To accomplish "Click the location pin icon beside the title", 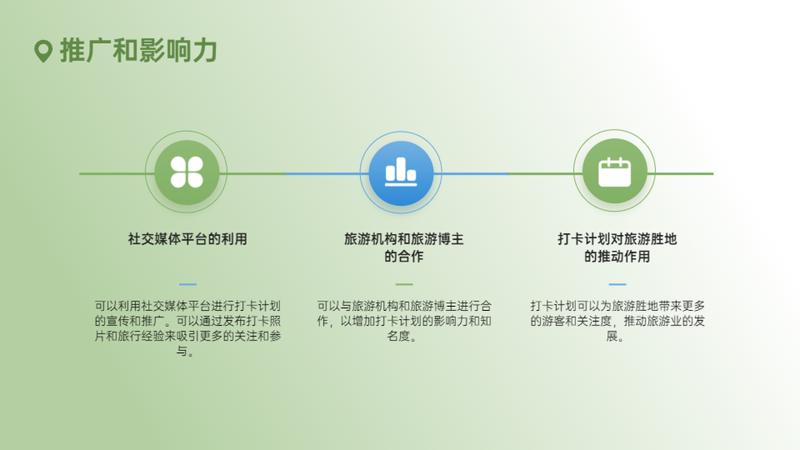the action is (43, 51).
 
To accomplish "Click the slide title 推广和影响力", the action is (138, 50).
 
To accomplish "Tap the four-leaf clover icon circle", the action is (186, 173).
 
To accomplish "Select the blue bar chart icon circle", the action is (401, 173).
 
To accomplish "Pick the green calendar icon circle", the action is (614, 171).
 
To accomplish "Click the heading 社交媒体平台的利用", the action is (187, 239).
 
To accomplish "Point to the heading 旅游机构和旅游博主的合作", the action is (403, 247).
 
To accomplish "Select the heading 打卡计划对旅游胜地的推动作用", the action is (617, 247).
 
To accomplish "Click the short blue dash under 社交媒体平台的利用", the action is (188, 284).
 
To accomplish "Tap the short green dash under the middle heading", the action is (404, 284).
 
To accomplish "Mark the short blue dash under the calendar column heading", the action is (618, 284).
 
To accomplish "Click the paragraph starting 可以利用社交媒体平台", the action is (187, 329).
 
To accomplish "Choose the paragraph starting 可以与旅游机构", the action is (403, 321).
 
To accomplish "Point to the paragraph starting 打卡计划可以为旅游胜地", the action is (618, 321).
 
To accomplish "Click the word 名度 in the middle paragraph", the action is (398, 336).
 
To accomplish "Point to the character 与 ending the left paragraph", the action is (182, 351).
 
